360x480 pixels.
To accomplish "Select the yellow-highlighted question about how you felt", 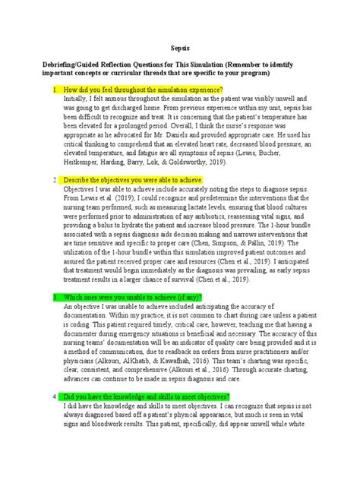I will pos(143,90).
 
